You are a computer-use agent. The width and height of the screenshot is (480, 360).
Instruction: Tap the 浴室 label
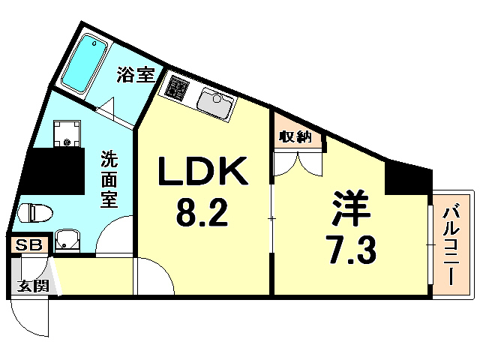pyautogui.click(x=135, y=75)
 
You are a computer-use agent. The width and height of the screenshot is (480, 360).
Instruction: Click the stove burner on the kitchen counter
pyautogui.click(x=178, y=87)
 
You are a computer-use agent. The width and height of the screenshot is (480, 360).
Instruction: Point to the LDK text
pyautogui.click(x=201, y=174)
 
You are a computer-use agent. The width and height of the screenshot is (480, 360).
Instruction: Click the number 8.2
pyautogui.click(x=201, y=215)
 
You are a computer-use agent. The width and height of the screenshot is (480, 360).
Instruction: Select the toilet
pyautogui.click(x=36, y=213)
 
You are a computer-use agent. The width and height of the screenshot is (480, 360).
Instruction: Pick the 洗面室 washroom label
pyautogui.click(x=109, y=181)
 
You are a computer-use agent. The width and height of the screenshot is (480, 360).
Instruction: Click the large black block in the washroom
pyautogui.click(x=52, y=172)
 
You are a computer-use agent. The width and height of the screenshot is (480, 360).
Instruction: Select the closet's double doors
pyautogui.click(x=298, y=164)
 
